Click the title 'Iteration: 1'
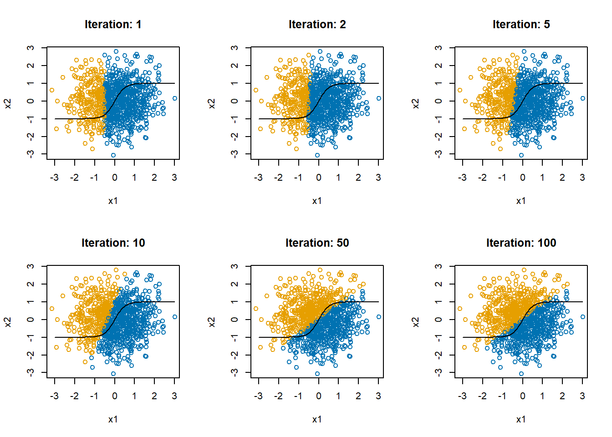coord(113,25)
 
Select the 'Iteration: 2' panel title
coord(317,25)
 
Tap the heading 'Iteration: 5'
coord(521,25)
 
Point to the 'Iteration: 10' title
coord(113,243)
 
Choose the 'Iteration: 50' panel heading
coord(317,243)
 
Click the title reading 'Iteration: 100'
coord(521,243)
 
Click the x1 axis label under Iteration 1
coord(113,201)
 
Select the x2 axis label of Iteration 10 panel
coord(8,322)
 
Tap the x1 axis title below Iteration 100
coord(521,419)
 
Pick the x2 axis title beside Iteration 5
coord(416,104)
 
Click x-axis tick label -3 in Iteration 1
coord(54,178)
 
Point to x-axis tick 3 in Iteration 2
coord(378,178)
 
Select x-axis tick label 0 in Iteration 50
coord(318,396)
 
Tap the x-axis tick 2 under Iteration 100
coord(562,396)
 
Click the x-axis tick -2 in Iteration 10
coord(74,396)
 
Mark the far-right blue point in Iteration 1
coord(175,98)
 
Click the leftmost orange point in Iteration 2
coord(256,90)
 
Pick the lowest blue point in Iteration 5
coord(521,155)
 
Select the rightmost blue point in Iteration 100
coord(583,317)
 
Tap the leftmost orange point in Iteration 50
coord(256,309)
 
